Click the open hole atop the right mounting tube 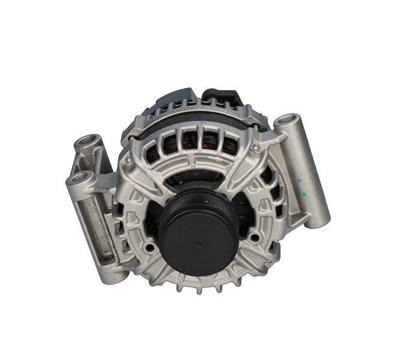tap(287, 122)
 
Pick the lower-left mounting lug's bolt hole tap(79, 178)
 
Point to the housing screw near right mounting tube tap(255, 147)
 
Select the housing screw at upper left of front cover tap(128, 159)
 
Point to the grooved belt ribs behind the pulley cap tap(180, 201)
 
